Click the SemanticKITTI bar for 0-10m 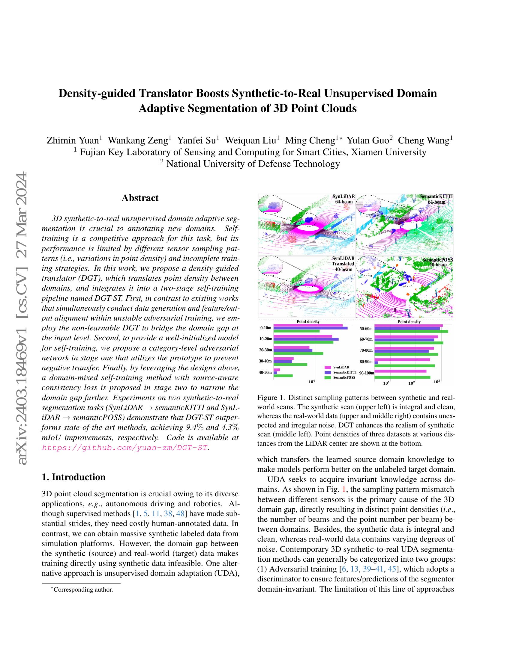pyautogui.click(x=310, y=328)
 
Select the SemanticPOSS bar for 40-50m pyautogui.click(x=283, y=376)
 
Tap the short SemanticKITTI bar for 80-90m pyautogui.click(x=376, y=362)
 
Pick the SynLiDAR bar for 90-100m pyautogui.click(x=400, y=371)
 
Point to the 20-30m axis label pyautogui.click(x=265, y=350)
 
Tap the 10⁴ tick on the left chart pyautogui.click(x=312, y=382)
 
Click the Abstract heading pyautogui.click(x=140, y=198)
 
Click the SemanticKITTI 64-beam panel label pyautogui.click(x=436, y=199)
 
